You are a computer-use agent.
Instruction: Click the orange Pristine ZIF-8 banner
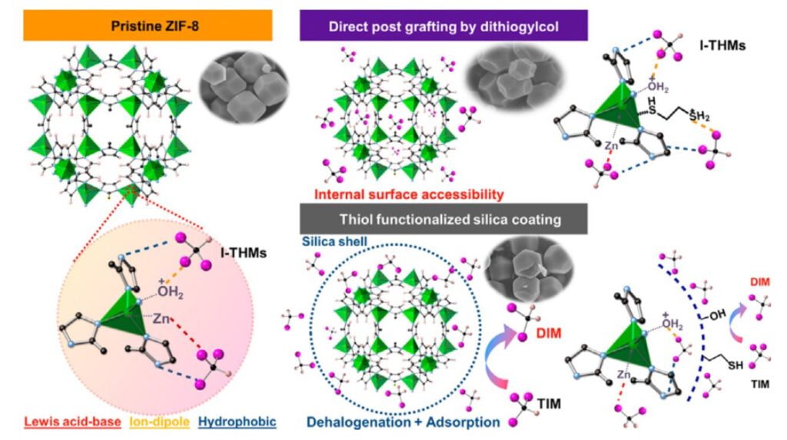point(148,25)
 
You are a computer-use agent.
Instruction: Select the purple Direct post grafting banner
point(443,25)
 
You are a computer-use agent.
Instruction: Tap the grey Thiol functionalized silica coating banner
point(443,219)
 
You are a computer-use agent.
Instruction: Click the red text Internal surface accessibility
point(409,194)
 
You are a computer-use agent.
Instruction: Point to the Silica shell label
point(334,241)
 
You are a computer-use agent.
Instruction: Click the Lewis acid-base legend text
point(72,422)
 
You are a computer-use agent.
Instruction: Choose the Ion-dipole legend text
point(160,422)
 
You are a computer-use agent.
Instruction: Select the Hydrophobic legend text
point(237,422)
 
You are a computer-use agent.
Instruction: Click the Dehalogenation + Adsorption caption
point(403,422)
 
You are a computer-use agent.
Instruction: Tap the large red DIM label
point(549,333)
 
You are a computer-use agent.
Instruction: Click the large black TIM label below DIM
point(549,403)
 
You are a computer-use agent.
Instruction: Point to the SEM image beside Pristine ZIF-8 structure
point(244,87)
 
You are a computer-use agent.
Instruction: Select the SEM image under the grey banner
point(529,271)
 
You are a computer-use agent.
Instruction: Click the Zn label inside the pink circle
point(161,318)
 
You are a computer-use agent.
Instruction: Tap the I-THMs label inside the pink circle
point(243,253)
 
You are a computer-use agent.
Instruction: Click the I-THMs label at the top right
point(722,45)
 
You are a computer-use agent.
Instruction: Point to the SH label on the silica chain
point(736,365)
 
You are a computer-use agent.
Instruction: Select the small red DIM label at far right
point(760,283)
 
